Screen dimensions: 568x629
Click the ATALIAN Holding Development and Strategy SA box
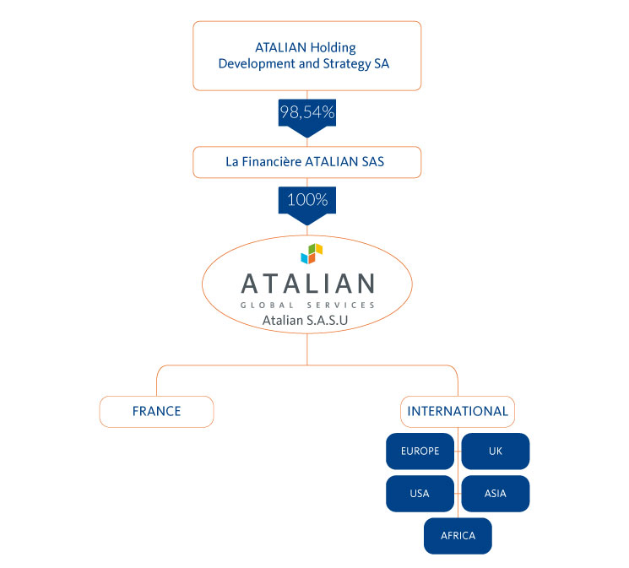[x=306, y=56]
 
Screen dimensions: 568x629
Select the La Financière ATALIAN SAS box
[x=306, y=162]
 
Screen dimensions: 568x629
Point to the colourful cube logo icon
[x=312, y=252]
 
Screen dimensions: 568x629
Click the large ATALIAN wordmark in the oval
[x=306, y=283]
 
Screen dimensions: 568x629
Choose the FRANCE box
[x=156, y=411]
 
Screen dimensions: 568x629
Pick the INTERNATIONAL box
[x=458, y=411]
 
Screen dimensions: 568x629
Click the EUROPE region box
[x=420, y=451]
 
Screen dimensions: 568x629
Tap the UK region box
[x=496, y=451]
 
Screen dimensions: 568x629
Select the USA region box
[x=420, y=494]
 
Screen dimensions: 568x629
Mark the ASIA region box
[x=496, y=494]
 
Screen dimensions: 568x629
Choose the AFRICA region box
[x=458, y=536]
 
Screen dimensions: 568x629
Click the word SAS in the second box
[x=372, y=162]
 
